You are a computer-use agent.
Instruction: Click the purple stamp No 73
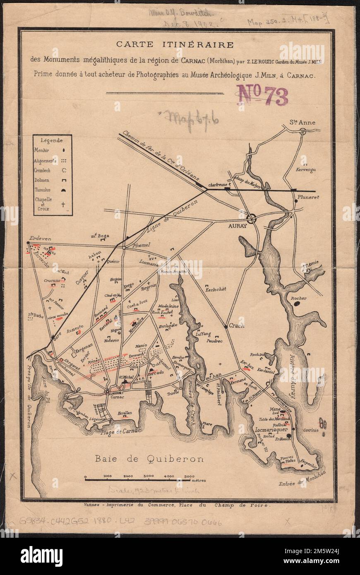[x=262, y=96]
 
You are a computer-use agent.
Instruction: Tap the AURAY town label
[x=238, y=226]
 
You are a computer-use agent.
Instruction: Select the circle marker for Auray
[x=252, y=219]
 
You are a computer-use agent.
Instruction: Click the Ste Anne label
[x=302, y=122]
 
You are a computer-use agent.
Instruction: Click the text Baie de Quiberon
[x=149, y=458]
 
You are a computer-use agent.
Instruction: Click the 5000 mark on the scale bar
[x=190, y=476]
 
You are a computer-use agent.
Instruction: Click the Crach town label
[x=237, y=326]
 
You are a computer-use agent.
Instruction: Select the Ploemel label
[x=140, y=245]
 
